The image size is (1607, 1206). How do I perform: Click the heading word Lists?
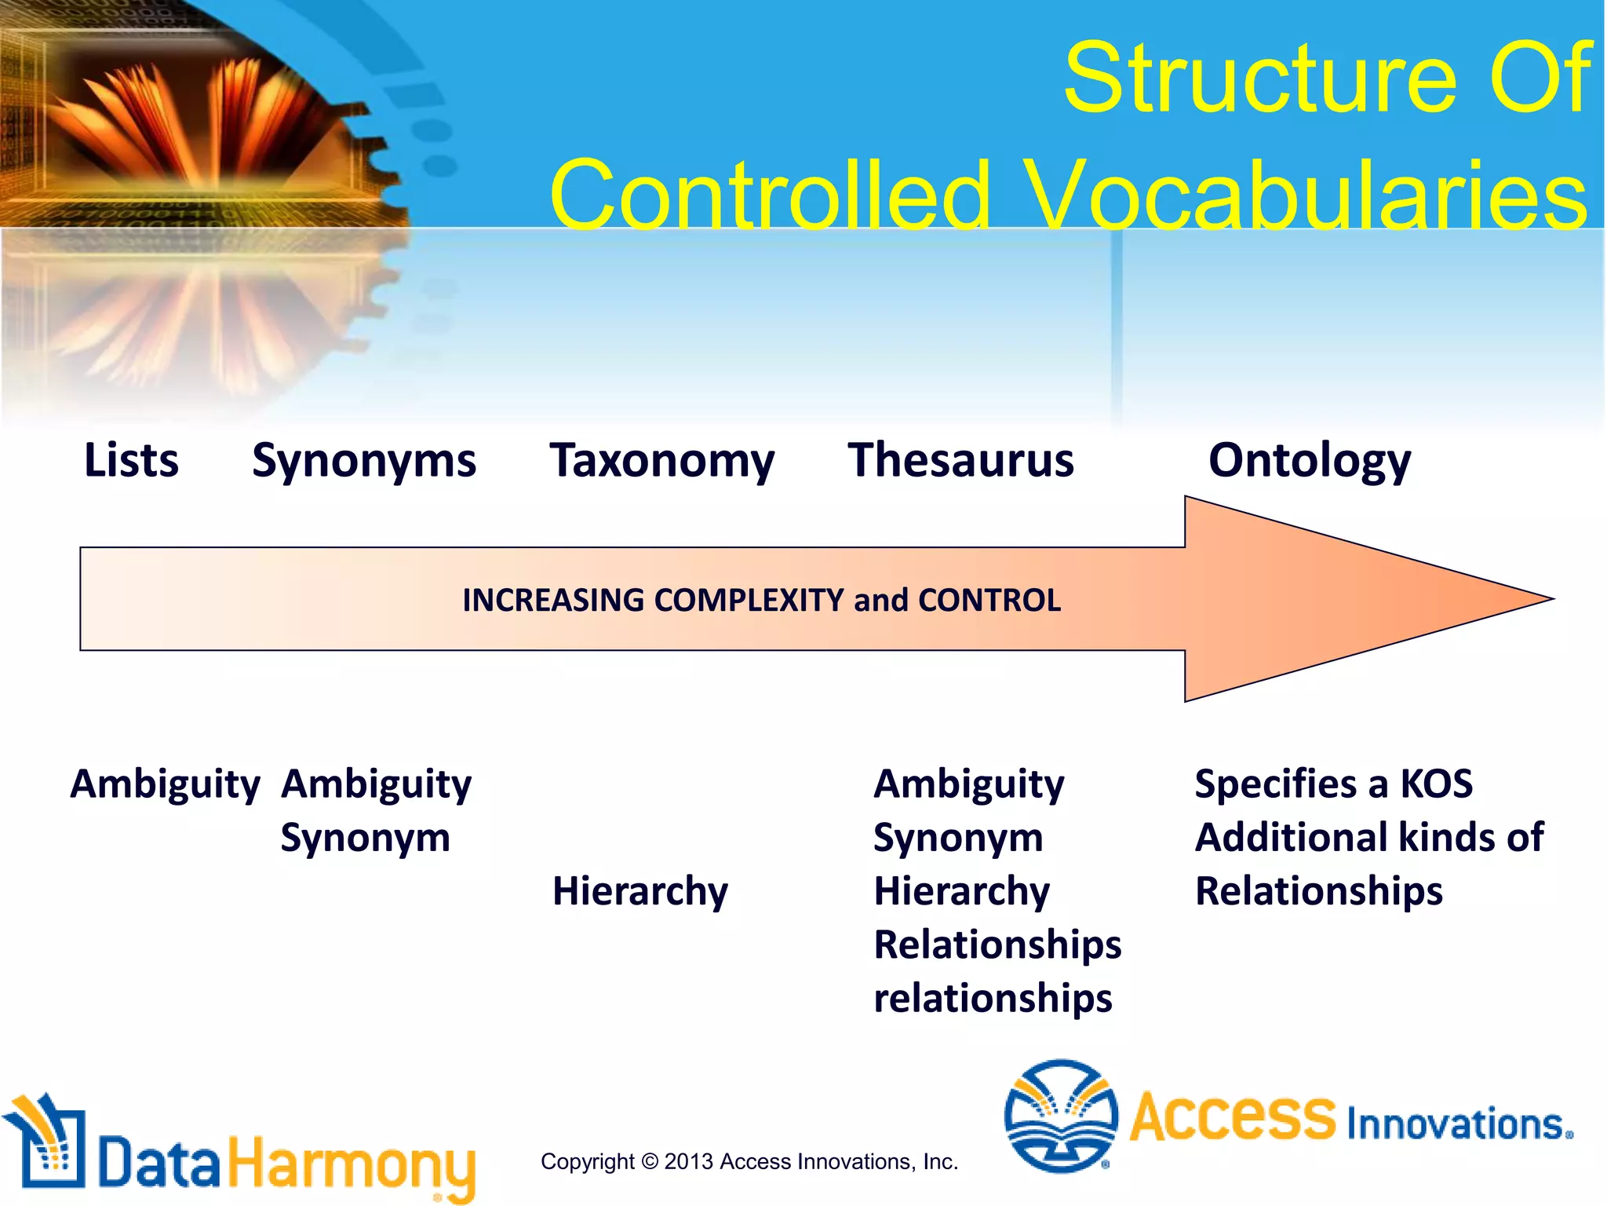point(131,460)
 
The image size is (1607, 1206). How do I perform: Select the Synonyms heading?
point(363,462)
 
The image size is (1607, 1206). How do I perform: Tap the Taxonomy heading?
point(661,462)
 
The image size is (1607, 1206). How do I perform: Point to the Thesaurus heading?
point(960,460)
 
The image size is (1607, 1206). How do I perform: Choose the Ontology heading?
point(1309,462)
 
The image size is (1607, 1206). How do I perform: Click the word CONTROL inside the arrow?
point(989,601)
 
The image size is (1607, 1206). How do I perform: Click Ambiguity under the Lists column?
point(165,784)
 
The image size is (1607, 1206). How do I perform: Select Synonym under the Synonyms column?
point(365,839)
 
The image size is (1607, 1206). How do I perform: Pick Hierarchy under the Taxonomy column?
point(640,892)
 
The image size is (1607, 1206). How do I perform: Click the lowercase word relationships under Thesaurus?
point(993,999)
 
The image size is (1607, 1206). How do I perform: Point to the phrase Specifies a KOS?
point(1333,784)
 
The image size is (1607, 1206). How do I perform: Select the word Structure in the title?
point(1260,79)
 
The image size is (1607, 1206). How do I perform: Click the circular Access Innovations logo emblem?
point(1060,1116)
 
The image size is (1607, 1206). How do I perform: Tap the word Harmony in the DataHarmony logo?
point(352,1164)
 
